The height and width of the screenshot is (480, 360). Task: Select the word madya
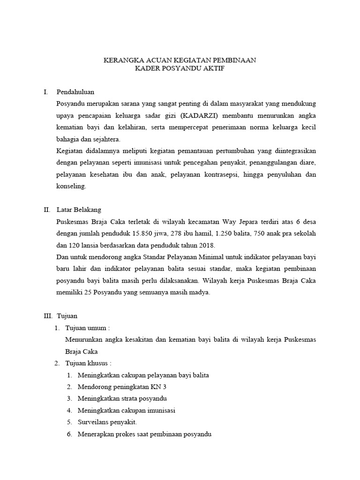198,292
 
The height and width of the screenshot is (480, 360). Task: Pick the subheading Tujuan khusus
88,363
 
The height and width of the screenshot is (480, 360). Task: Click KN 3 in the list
159,387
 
